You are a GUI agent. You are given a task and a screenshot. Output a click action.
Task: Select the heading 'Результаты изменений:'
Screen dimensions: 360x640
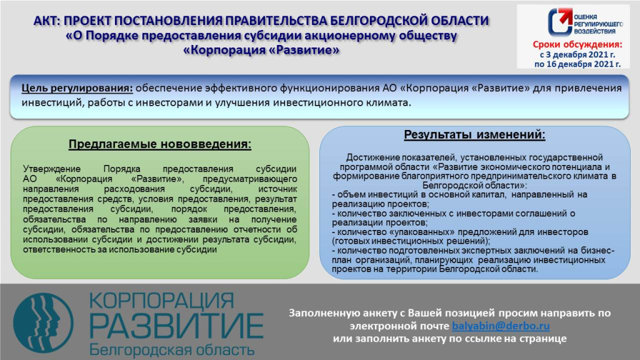pyautogui.click(x=474, y=135)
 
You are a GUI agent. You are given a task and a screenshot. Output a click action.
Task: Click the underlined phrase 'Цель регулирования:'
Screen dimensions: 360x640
pyautogui.click(x=77, y=88)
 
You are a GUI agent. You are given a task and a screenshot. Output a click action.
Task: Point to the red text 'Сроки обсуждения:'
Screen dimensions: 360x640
pyautogui.click(x=577, y=45)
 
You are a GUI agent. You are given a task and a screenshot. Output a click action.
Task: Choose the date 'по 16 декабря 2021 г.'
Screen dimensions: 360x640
pyautogui.click(x=577, y=64)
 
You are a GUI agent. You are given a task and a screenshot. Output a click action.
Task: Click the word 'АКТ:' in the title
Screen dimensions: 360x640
pyautogui.click(x=47, y=21)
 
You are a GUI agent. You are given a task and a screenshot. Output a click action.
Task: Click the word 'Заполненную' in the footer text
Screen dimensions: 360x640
pyautogui.click(x=319, y=313)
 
